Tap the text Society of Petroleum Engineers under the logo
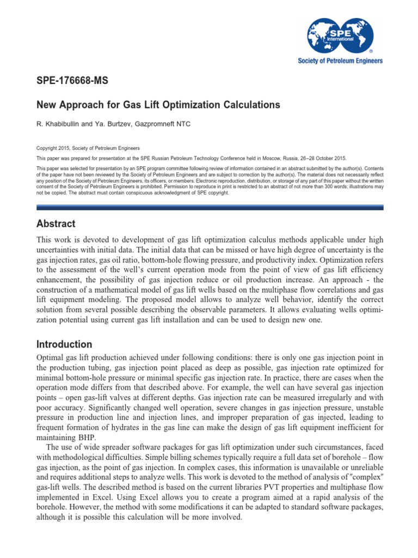click(341, 61)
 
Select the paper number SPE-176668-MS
click(72, 81)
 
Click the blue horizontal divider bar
click(210, 208)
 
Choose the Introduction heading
click(64, 344)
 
